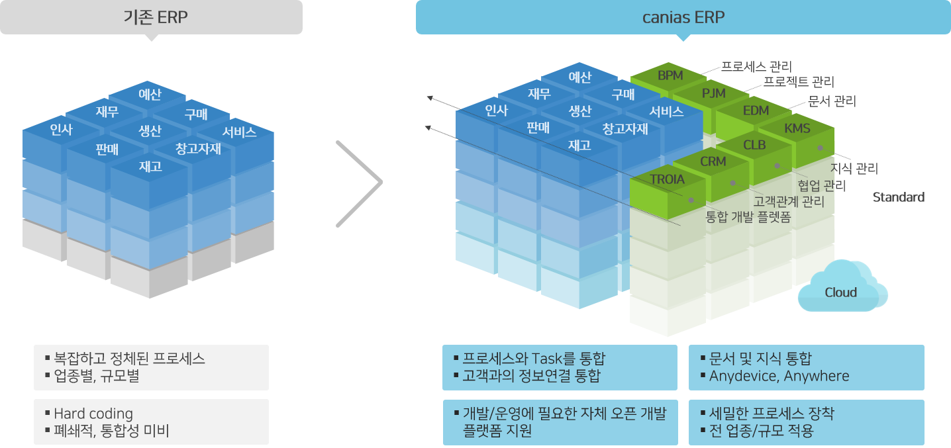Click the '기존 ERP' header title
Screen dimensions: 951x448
156,17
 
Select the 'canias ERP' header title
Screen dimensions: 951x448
683,17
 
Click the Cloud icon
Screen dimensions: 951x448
842,286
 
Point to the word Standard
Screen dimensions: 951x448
899,197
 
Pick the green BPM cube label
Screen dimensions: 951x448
670,75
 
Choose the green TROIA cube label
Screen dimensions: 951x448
667,179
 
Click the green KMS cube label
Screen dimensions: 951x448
797,128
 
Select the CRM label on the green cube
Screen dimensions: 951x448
713,161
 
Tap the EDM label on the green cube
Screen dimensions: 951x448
756,111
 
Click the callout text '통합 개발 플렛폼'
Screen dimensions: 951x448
748,217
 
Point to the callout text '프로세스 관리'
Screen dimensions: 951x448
756,67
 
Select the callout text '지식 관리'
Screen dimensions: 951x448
854,169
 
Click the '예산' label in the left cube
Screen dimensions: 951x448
150,94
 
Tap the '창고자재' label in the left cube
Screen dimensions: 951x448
198,149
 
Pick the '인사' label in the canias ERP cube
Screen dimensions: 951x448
496,111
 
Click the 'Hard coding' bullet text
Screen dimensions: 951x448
93,413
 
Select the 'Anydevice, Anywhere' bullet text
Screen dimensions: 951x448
779,376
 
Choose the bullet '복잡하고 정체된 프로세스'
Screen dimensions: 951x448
129,359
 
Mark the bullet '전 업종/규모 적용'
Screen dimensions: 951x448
761,431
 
